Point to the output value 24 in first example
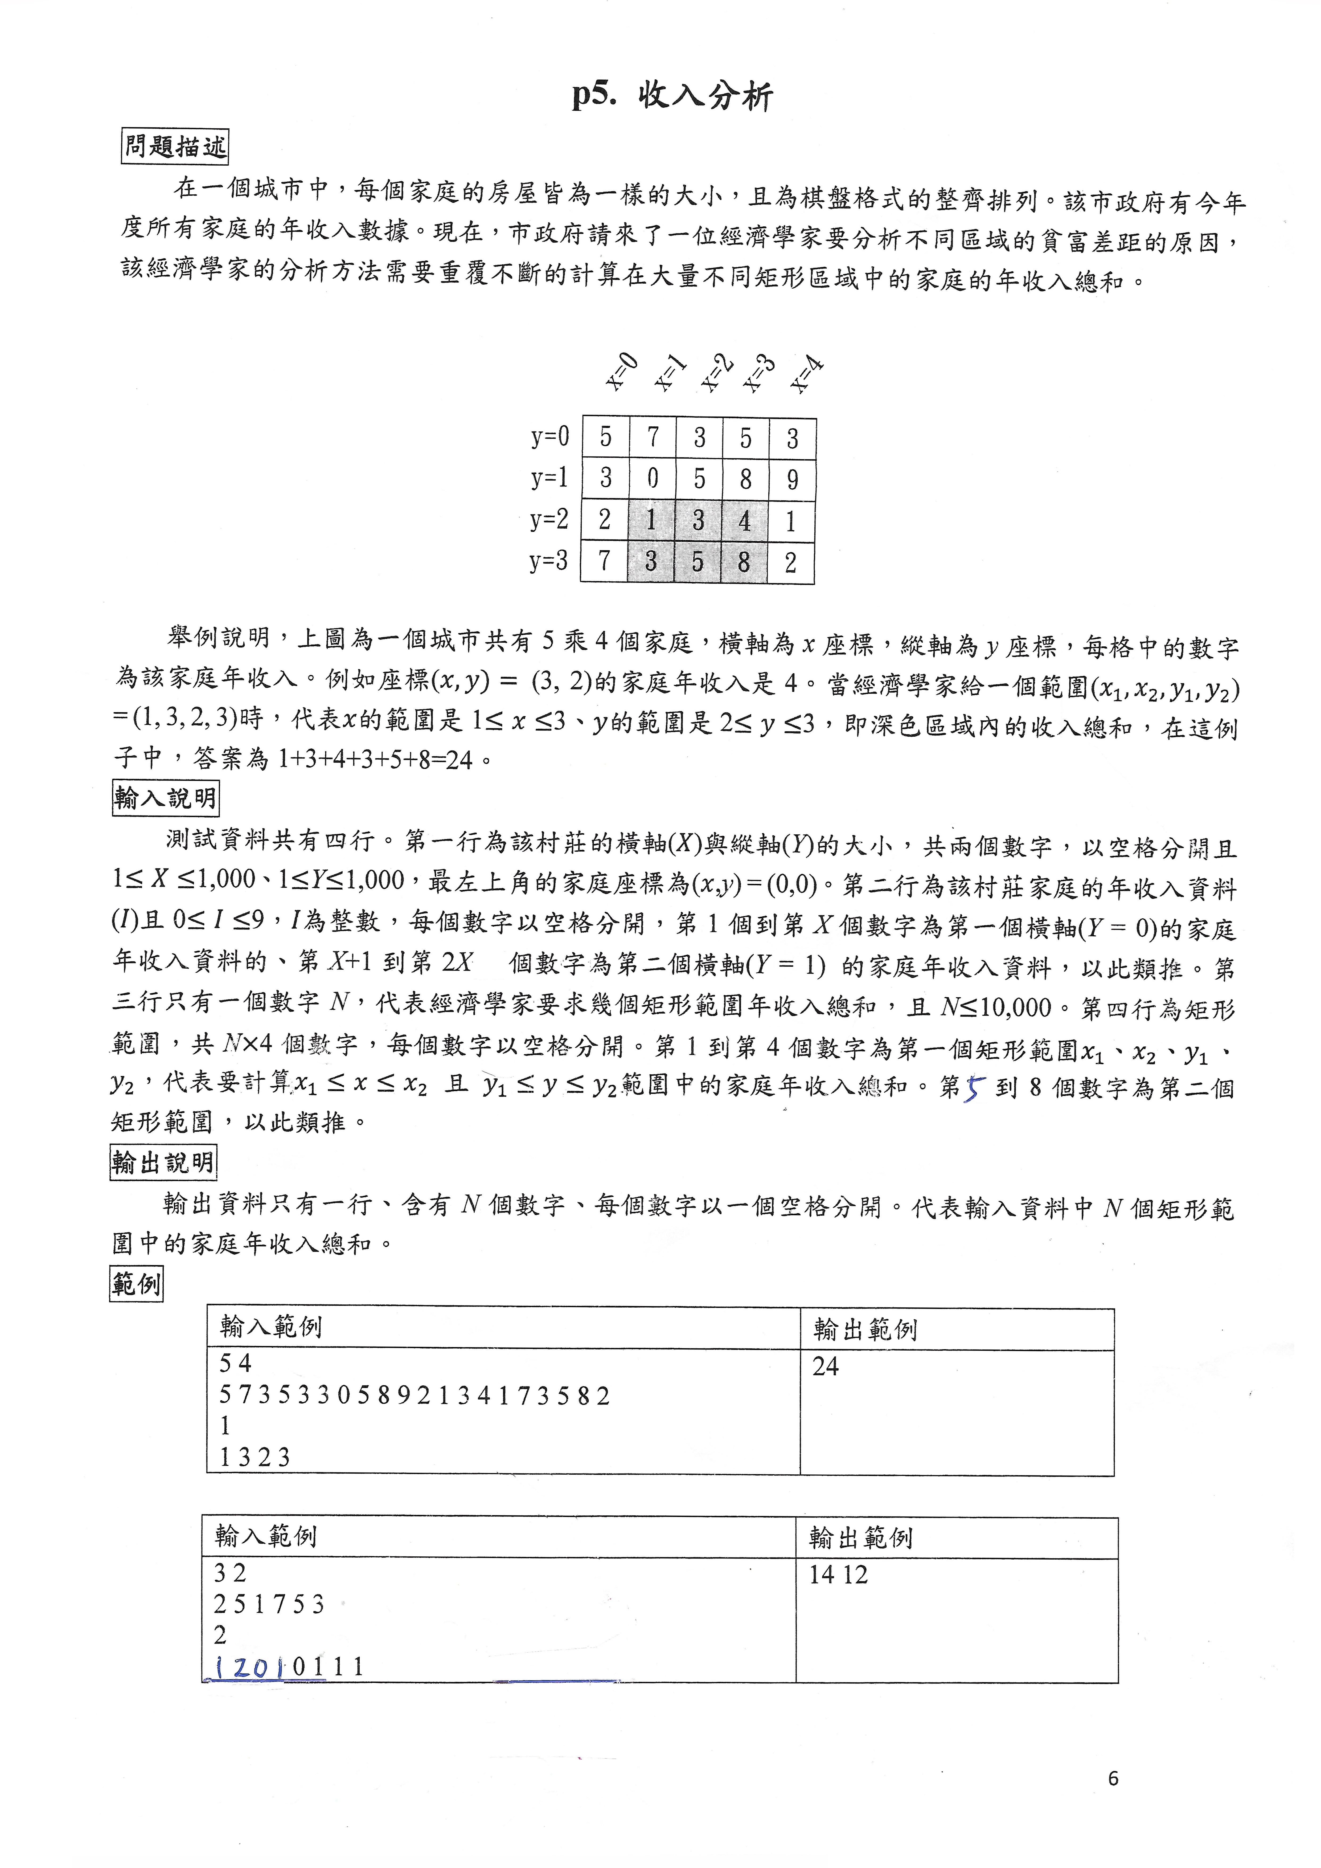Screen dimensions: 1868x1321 [x=826, y=1366]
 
